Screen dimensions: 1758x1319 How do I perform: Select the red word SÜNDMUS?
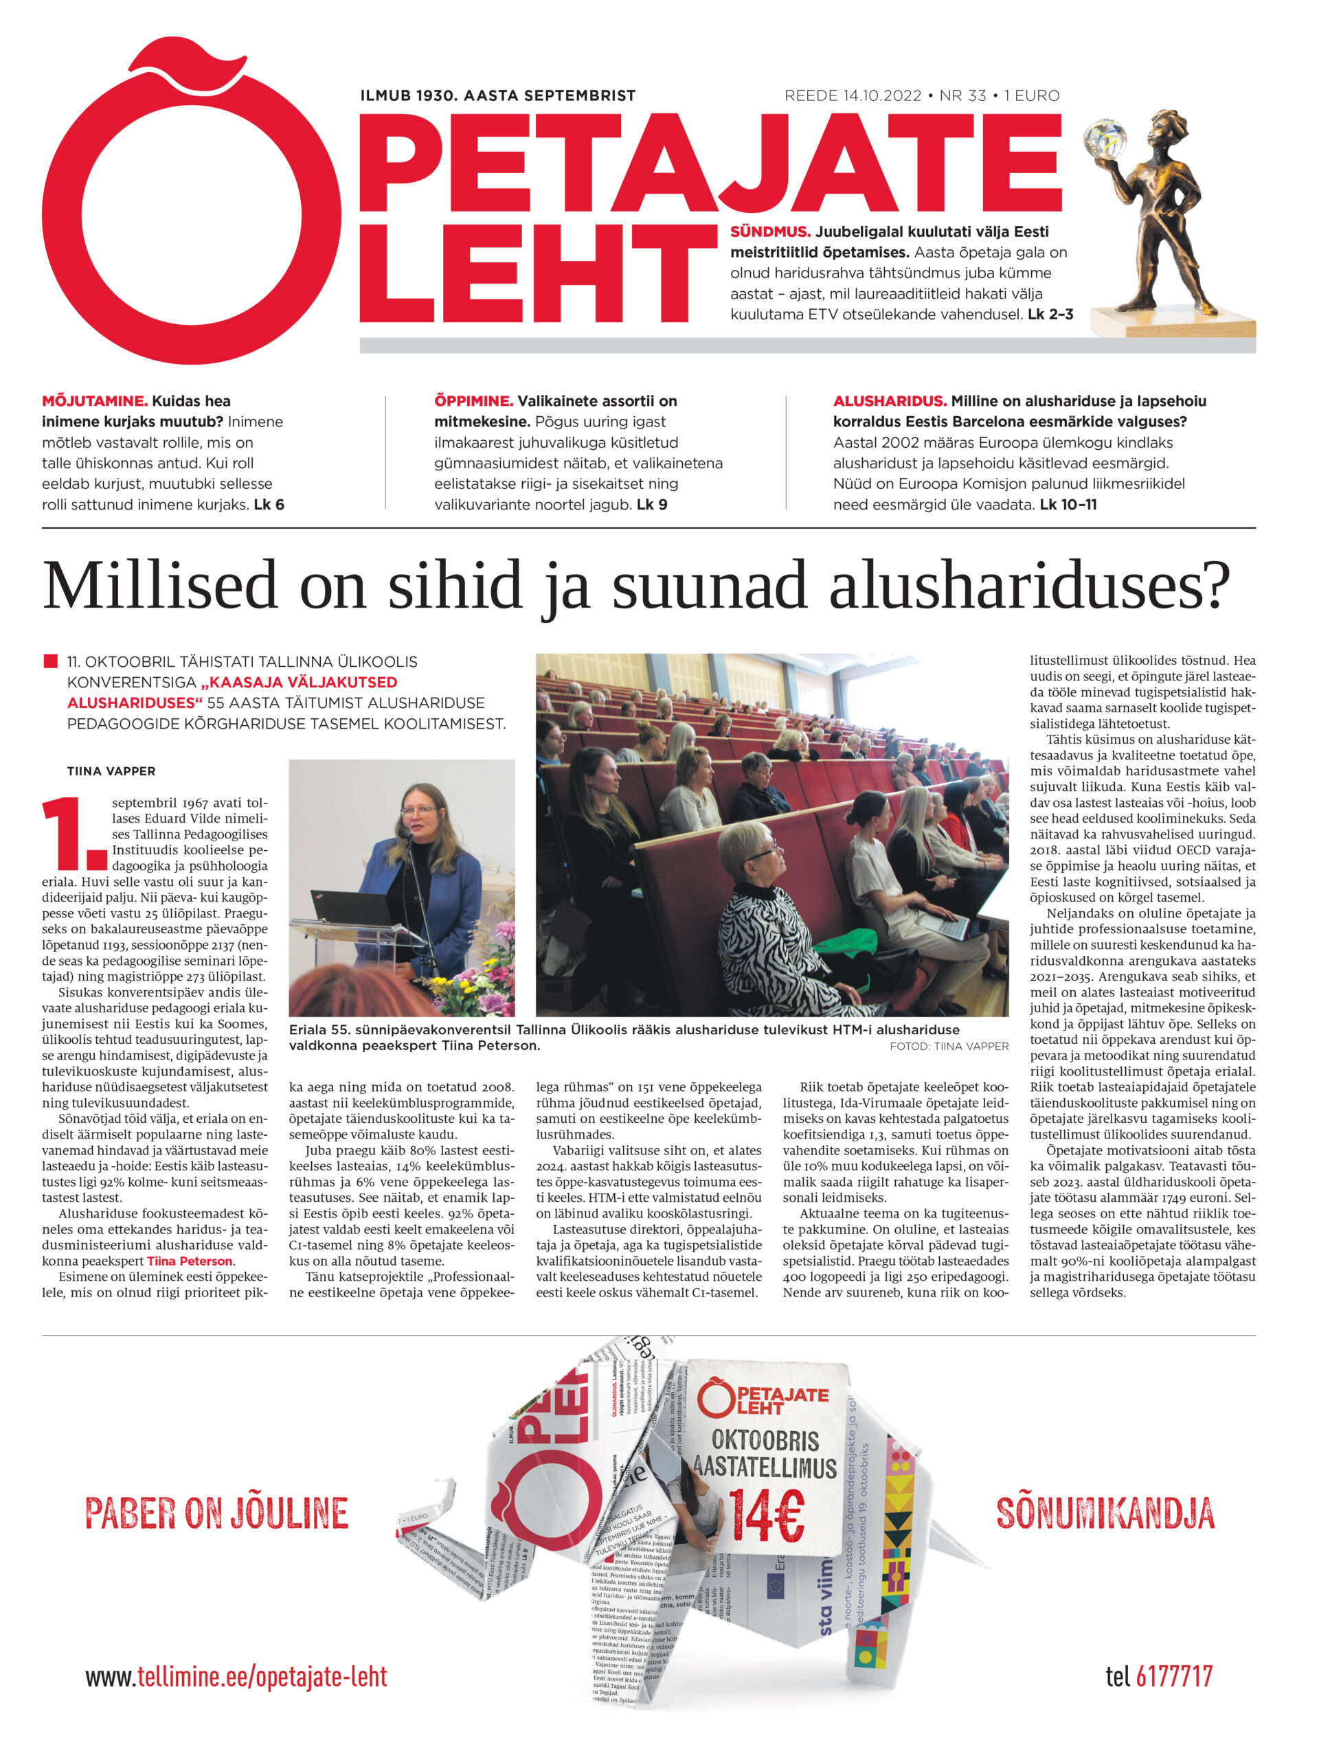769,232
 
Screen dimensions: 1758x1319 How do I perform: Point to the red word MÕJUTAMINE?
95,401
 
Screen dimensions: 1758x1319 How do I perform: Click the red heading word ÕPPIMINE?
473,401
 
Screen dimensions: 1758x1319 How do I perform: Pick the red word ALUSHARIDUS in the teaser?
889,401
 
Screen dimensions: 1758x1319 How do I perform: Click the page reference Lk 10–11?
1068,505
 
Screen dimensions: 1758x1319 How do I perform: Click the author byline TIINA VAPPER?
111,771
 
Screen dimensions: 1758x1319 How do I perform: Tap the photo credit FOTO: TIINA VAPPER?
949,1047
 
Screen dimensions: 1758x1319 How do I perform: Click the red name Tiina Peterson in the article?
189,1262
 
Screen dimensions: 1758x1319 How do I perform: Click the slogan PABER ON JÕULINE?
216,1514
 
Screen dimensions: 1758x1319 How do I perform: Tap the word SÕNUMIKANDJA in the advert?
1105,1514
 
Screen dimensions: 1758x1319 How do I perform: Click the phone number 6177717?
1173,1676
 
